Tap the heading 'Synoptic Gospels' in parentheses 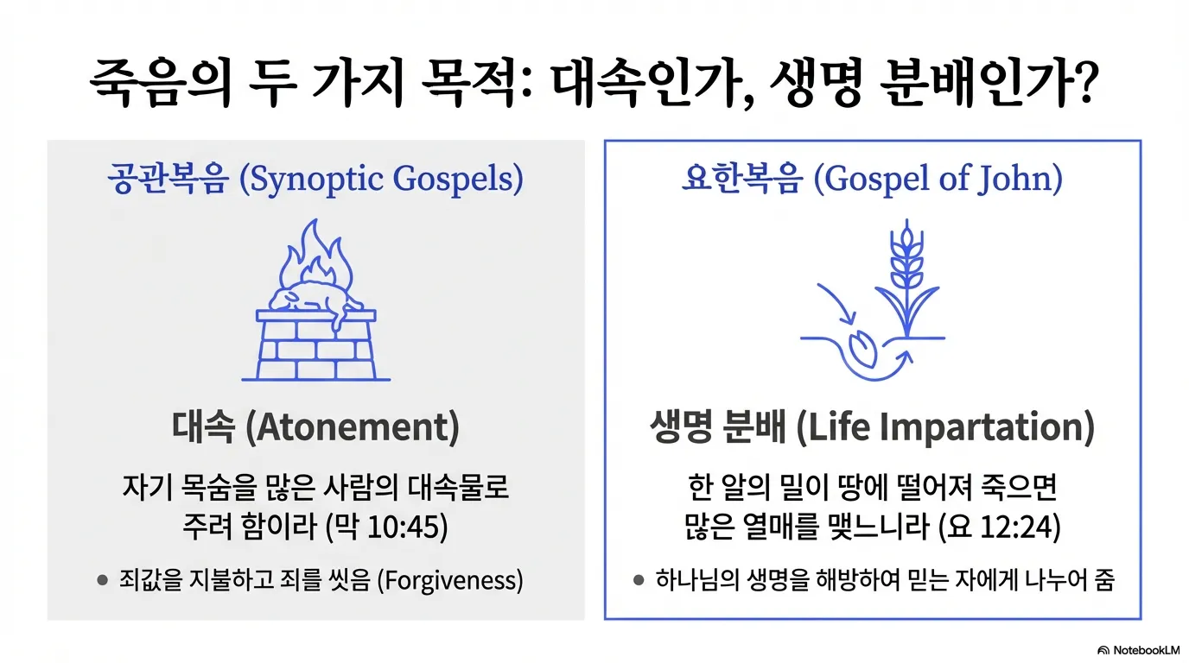[x=381, y=180]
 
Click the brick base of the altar [x=315, y=350]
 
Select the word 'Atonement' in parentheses [x=352, y=429]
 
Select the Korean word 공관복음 [x=168, y=180]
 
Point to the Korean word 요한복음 [x=741, y=180]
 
